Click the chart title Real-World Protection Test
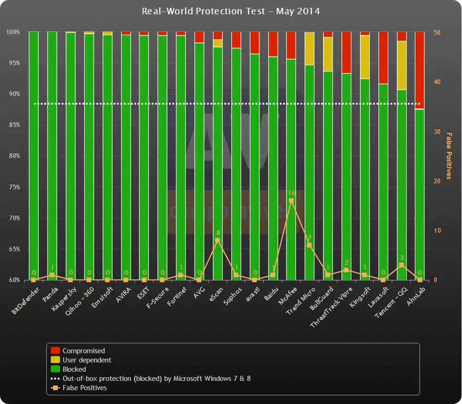coord(231,11)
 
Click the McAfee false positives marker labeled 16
coord(291,201)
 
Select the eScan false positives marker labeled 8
coord(218,240)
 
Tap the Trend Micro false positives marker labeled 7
coord(310,245)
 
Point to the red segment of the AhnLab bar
coord(419,69)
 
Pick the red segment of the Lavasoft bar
coord(383,57)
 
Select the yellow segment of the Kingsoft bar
coord(365,57)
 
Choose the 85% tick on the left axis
coord(13,125)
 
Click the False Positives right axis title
coord(448,156)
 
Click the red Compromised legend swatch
coord(55,351)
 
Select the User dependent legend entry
coord(87,360)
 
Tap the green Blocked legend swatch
coord(55,369)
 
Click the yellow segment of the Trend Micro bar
coord(310,49)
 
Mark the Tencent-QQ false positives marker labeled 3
coord(401,265)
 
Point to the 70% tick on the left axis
coord(13,218)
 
